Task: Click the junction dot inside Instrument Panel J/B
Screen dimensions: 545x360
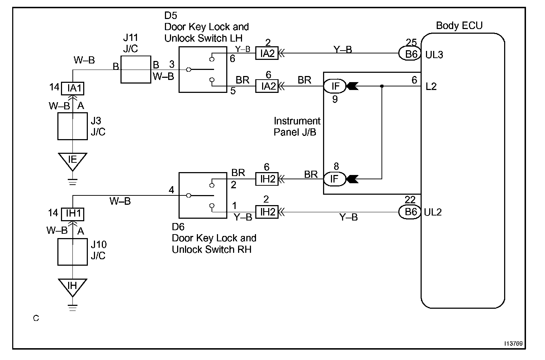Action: click(x=382, y=86)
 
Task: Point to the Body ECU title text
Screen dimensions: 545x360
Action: click(x=459, y=25)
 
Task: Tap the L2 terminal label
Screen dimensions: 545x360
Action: click(x=431, y=86)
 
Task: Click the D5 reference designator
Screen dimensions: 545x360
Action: click(x=171, y=15)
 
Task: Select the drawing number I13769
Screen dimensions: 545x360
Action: click(x=513, y=344)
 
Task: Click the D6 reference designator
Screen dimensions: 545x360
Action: click(x=178, y=227)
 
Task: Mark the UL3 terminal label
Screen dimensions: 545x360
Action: click(x=434, y=55)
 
